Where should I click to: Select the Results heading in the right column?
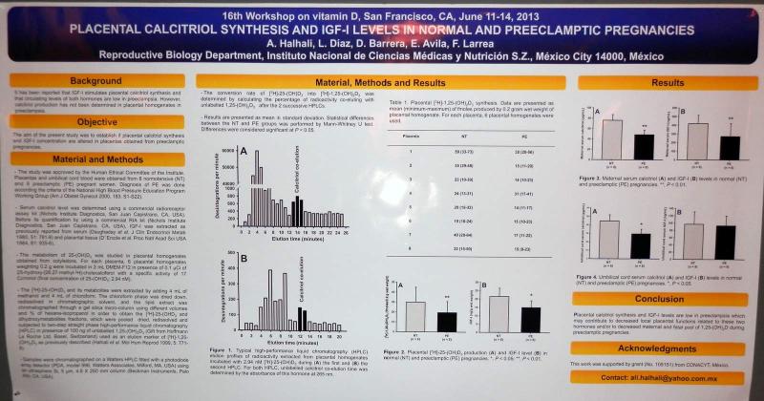point(662,84)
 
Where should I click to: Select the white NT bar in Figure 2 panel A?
point(417,315)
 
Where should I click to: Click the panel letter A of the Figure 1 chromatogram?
point(244,152)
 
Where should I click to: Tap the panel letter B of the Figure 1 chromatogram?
point(244,258)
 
